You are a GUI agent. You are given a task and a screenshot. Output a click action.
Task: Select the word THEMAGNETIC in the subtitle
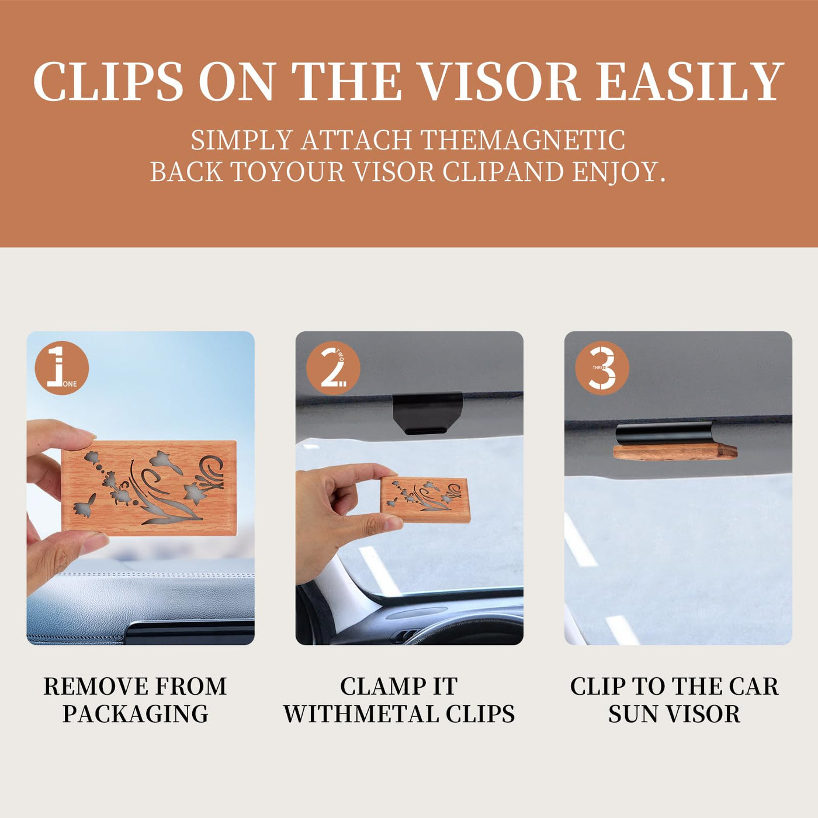(x=523, y=140)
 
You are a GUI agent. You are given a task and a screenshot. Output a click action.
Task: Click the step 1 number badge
(x=62, y=368)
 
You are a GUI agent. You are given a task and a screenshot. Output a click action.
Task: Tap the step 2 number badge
(x=333, y=368)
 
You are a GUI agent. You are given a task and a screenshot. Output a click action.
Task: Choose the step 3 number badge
(x=602, y=368)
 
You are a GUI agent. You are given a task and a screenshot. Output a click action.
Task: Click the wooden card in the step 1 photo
(x=149, y=488)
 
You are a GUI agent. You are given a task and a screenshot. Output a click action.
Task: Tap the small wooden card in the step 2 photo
(x=425, y=499)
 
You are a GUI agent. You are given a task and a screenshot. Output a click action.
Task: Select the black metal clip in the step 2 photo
(x=427, y=413)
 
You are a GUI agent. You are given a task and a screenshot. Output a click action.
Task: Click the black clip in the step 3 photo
(x=666, y=434)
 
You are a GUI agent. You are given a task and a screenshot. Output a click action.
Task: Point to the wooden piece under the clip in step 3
(x=675, y=452)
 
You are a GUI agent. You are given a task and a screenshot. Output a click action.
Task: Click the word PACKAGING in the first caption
(x=136, y=713)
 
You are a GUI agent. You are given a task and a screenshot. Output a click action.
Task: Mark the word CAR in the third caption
(x=754, y=687)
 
